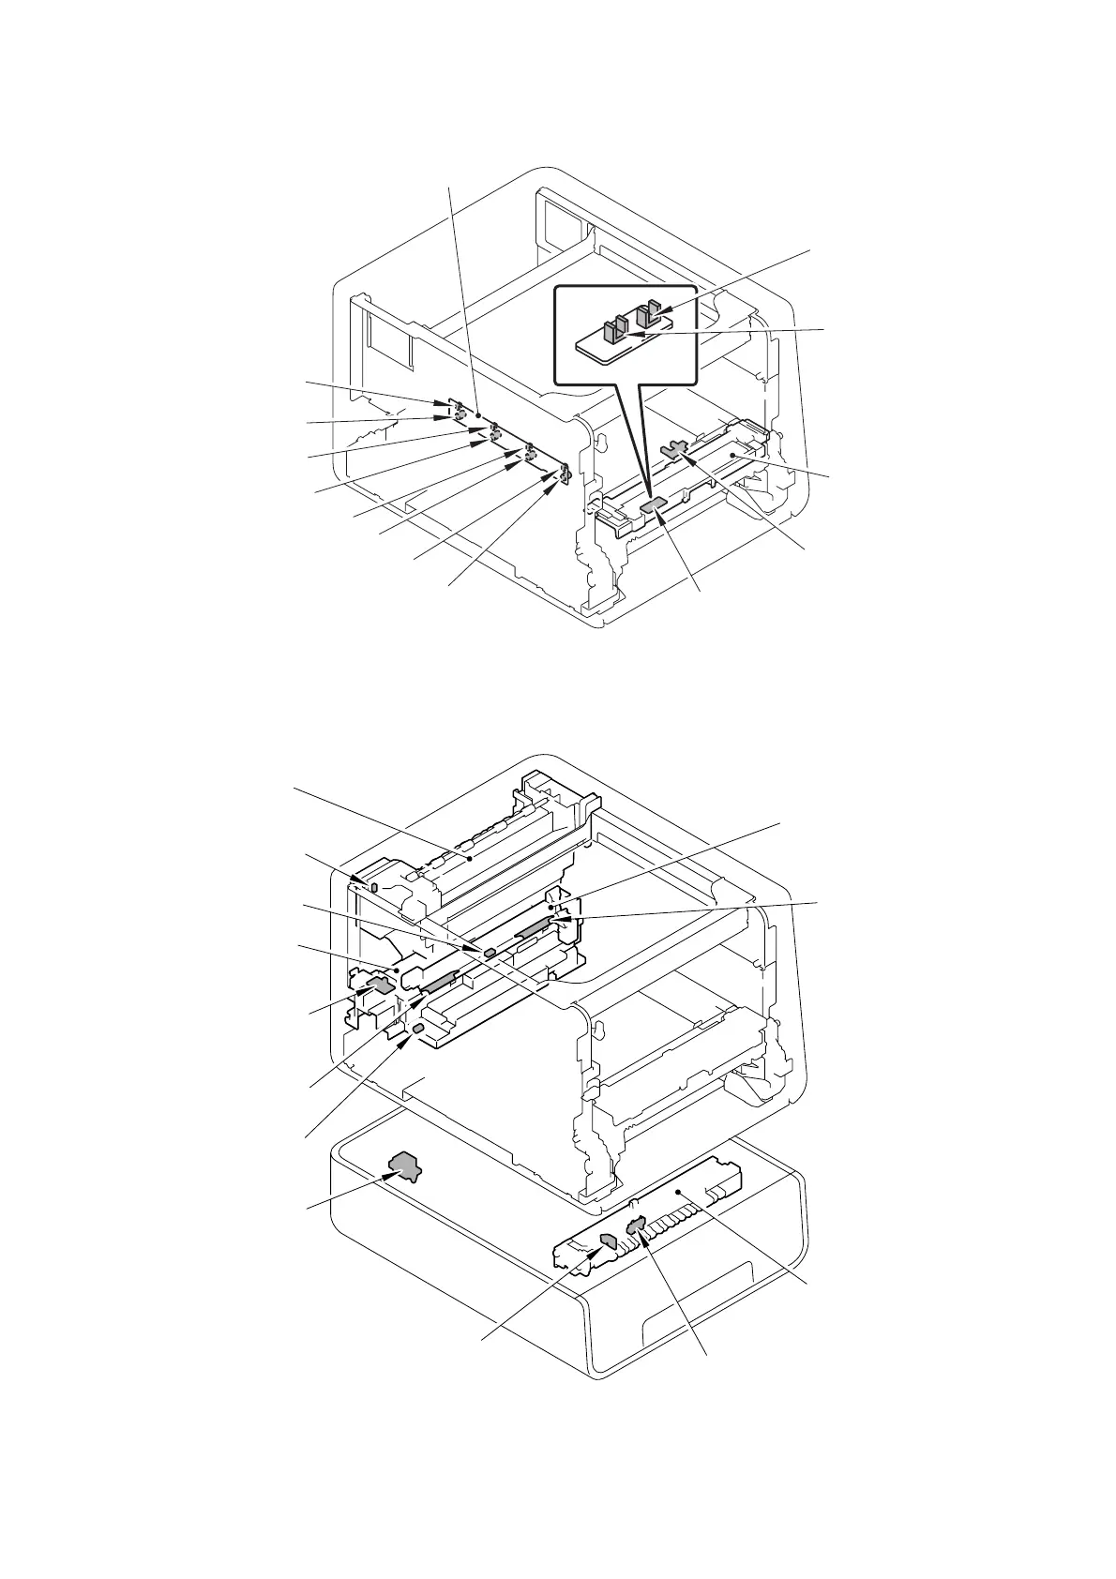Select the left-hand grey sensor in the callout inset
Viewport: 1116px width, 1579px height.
[615, 331]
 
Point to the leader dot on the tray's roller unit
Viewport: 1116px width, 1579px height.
[676, 1191]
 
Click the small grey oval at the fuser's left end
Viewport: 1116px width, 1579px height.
[374, 886]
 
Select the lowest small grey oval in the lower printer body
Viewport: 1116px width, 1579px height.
[417, 1030]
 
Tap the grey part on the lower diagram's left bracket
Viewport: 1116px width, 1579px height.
[379, 985]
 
